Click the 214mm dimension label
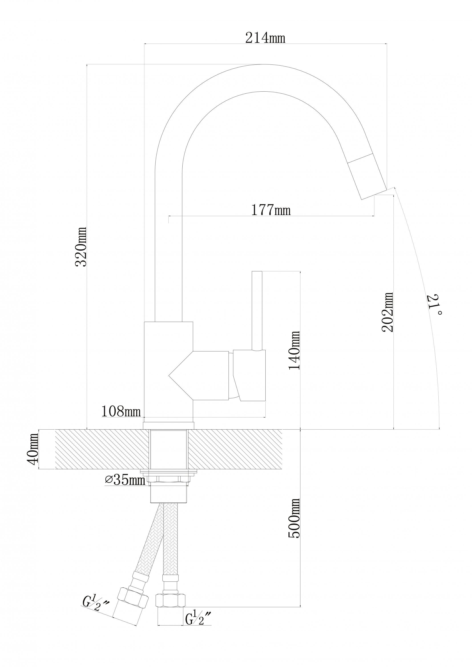point(265,38)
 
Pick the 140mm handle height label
point(294,350)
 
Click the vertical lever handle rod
point(257,311)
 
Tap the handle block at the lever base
point(249,376)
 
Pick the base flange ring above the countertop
point(168,425)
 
